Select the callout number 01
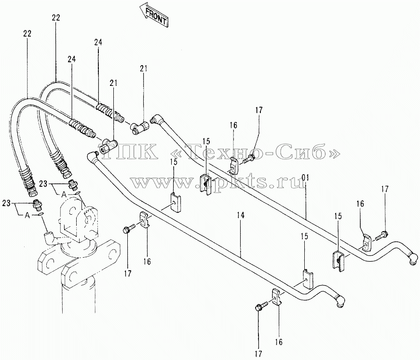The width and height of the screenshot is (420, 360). coord(306,178)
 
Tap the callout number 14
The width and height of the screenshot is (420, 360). coord(241,216)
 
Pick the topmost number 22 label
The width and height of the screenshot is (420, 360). coord(56,18)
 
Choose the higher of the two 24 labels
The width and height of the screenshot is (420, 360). coord(98,42)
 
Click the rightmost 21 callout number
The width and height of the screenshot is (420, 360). coord(143,69)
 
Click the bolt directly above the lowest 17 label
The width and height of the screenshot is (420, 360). coord(261,306)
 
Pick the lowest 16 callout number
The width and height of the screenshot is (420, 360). coord(279,342)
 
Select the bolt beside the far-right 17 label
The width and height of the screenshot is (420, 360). coord(380,235)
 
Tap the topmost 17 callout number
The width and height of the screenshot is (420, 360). coord(259,110)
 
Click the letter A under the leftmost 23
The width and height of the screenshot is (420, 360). coord(27,216)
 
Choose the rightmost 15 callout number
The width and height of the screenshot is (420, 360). coord(338,216)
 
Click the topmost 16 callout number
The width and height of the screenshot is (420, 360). coord(233,125)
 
